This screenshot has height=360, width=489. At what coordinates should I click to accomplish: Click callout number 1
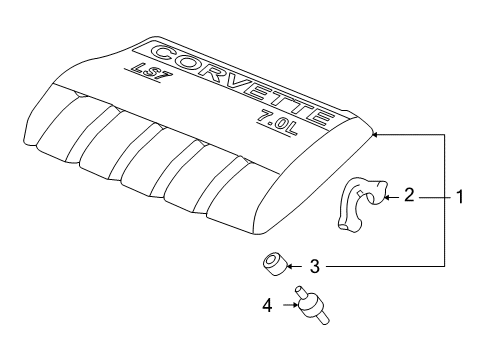[x=459, y=198]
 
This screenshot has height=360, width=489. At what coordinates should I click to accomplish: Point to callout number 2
[x=409, y=197]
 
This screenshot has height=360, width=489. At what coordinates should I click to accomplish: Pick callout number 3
[x=313, y=267]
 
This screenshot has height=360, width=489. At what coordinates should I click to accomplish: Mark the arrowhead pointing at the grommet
[x=292, y=267]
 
